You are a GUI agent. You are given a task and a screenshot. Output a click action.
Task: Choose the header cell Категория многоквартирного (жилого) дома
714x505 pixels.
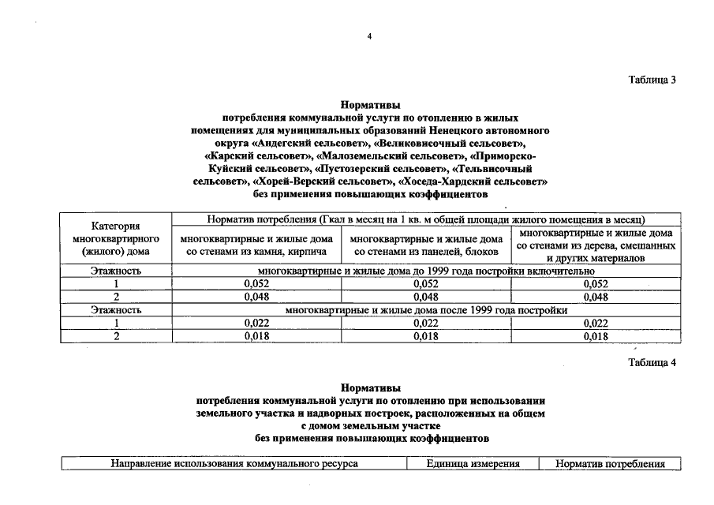(x=116, y=238)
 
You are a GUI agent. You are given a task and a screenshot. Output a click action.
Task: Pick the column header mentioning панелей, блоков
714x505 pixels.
(x=426, y=245)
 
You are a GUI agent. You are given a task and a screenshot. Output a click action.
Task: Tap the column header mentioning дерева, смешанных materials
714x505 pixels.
(x=596, y=245)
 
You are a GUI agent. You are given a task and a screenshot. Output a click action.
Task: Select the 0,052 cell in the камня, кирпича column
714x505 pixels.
(x=256, y=284)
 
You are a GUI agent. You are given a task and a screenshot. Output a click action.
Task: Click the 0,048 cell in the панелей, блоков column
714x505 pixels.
(x=426, y=297)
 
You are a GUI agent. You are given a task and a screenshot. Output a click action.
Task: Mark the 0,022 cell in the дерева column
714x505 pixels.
(x=596, y=323)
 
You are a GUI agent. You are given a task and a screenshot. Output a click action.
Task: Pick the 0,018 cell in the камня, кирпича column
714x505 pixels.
(x=256, y=336)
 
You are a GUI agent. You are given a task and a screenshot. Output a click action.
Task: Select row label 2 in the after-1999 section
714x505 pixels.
(x=116, y=336)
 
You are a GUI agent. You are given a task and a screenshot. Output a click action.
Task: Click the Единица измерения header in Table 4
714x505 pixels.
(x=473, y=464)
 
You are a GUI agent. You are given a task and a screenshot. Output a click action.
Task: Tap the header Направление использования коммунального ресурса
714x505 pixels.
(x=234, y=464)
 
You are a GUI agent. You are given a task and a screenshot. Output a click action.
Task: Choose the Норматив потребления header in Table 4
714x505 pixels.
(x=610, y=464)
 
